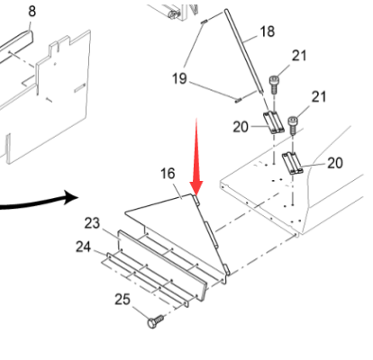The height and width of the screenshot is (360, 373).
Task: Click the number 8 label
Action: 32,12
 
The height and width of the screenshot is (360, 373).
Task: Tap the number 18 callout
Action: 267,31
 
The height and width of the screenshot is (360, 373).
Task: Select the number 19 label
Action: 179,78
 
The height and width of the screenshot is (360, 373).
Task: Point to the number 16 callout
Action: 168,174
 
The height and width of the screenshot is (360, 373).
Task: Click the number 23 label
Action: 92,223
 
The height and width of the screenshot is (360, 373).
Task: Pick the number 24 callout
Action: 83,247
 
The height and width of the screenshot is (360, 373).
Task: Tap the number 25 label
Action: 123,300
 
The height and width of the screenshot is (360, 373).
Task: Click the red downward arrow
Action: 196,157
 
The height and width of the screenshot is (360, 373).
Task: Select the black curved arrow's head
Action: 71,197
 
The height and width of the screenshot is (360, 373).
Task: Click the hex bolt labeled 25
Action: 156,321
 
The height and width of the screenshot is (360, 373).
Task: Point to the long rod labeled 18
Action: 243,50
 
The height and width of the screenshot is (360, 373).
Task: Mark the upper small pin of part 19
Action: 204,22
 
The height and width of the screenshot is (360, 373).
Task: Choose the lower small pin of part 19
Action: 239,100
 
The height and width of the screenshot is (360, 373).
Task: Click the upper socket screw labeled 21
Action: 274,85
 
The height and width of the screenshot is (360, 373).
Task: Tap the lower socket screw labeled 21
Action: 293,125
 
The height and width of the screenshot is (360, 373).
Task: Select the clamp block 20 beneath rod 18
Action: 274,122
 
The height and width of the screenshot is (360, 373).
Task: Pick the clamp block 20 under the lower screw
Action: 293,163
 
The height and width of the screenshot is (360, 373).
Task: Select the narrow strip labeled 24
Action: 148,280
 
